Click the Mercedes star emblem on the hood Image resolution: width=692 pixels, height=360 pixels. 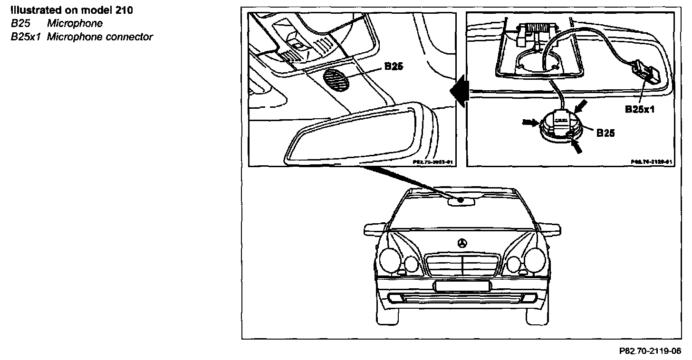(x=461, y=244)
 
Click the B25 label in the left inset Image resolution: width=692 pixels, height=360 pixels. (x=394, y=67)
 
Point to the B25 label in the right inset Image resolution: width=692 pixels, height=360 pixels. (x=605, y=133)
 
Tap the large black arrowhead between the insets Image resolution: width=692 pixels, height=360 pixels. (x=460, y=90)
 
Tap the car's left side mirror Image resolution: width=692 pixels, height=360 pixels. (x=374, y=228)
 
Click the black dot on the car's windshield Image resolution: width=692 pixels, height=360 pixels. (x=461, y=200)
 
